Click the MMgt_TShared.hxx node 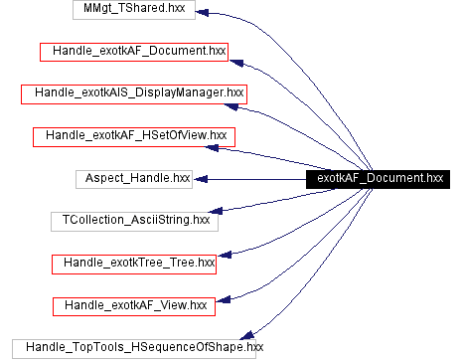click(x=134, y=9)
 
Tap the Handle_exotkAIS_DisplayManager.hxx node click(x=134, y=93)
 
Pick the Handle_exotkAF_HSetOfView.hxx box click(x=133, y=135)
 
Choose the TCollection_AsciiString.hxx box click(x=134, y=220)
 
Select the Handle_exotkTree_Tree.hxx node click(x=134, y=263)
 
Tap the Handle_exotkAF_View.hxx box click(x=134, y=304)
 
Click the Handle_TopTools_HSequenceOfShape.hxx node click(x=134, y=347)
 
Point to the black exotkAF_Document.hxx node click(x=380, y=178)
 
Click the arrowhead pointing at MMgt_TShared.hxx click(x=202, y=12)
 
